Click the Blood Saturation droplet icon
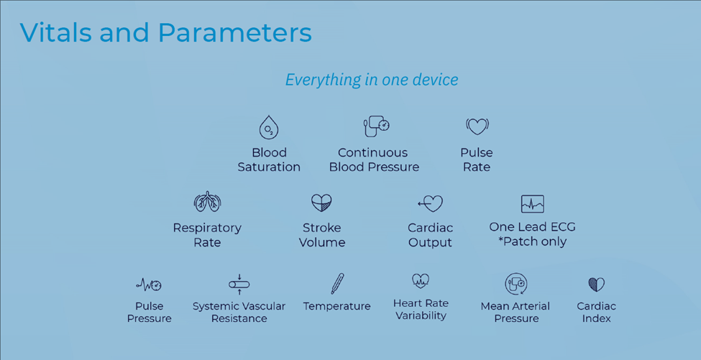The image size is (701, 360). [269, 127]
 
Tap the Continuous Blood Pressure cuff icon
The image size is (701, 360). [377, 126]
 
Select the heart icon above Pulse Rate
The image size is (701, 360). [477, 127]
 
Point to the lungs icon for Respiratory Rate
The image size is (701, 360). [208, 202]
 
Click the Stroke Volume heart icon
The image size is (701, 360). [322, 203]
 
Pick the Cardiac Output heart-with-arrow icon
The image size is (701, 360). [430, 203]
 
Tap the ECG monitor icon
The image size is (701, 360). [533, 203]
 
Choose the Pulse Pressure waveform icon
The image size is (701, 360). [149, 285]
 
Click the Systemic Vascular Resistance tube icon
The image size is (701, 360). [239, 285]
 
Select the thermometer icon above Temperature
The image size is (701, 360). [337, 284]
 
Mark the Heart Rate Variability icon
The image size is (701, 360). [421, 281]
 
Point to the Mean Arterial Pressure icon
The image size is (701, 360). [516, 284]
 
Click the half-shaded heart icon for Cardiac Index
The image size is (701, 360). [596, 285]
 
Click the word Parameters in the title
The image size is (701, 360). [234, 32]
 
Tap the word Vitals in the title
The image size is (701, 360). [56, 32]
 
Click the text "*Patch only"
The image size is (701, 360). [533, 241]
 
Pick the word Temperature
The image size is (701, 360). [337, 306]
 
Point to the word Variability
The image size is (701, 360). [421, 315]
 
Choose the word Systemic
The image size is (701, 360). [214, 306]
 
